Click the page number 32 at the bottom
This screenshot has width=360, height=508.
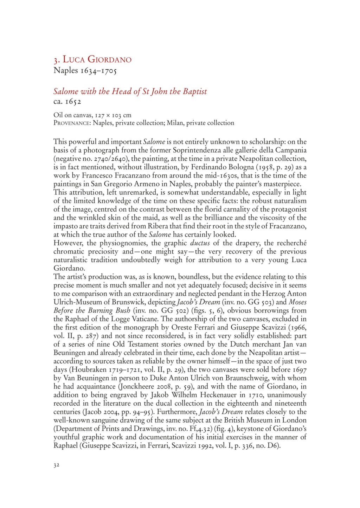pyautogui.click(x=56, y=465)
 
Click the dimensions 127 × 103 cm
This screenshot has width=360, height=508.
pyautogui.click(x=109, y=115)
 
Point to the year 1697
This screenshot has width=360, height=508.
pyautogui.click(x=298, y=369)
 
